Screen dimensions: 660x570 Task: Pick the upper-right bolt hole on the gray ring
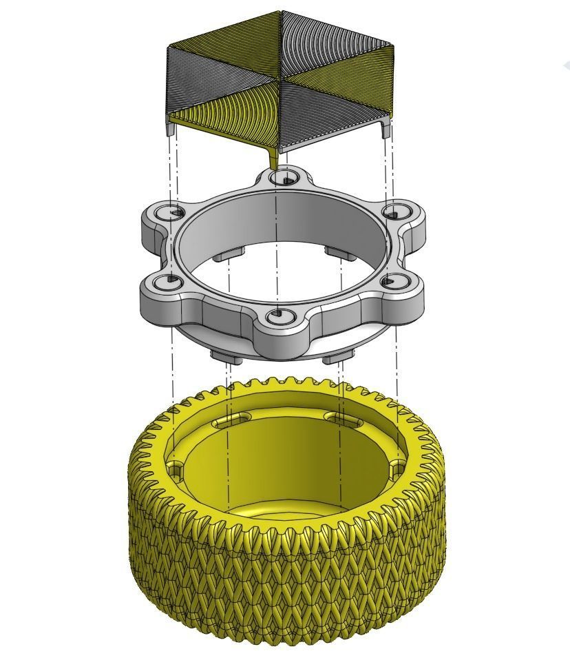pos(394,211)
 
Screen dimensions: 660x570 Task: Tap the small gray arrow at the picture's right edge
pos(566,65)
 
